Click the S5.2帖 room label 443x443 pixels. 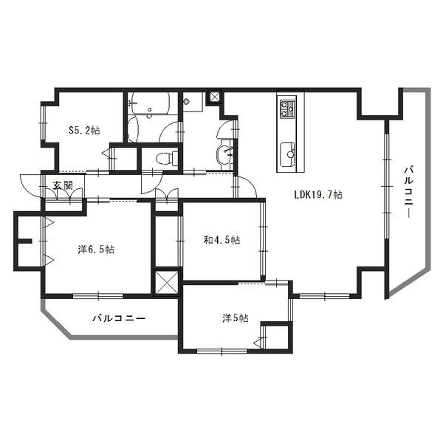click(x=84, y=130)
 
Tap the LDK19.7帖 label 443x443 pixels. click(x=318, y=195)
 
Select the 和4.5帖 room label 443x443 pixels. click(x=222, y=240)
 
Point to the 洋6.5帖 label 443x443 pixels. click(x=96, y=250)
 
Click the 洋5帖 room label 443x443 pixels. click(x=236, y=318)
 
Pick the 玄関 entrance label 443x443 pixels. click(x=63, y=185)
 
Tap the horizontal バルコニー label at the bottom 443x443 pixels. click(x=119, y=319)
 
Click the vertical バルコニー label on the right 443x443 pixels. click(x=409, y=192)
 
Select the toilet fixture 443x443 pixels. click(x=167, y=158)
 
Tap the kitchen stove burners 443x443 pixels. click(x=286, y=109)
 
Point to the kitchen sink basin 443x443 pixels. click(x=288, y=155)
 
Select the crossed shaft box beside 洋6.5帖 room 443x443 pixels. click(x=167, y=283)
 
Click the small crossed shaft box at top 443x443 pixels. click(x=215, y=97)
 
